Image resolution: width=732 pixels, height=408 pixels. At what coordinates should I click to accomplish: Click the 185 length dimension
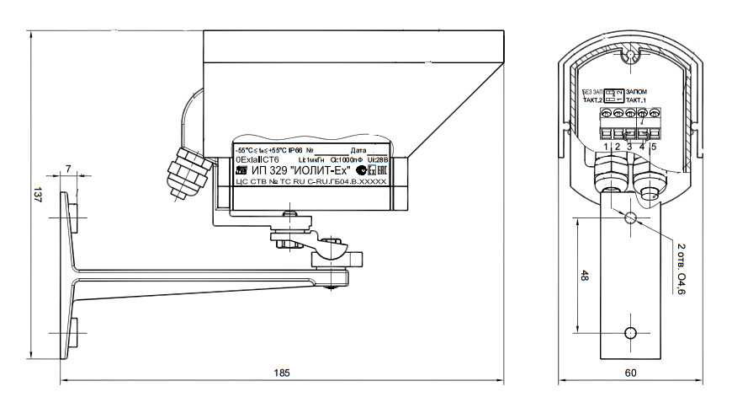click(278, 373)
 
